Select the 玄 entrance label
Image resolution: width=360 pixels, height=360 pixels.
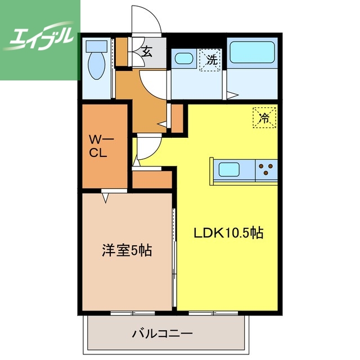pos(147,53)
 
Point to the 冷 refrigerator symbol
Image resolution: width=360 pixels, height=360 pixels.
pos(263,118)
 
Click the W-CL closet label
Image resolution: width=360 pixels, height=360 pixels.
pos(103,145)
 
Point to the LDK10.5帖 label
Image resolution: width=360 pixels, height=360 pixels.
pos(229,232)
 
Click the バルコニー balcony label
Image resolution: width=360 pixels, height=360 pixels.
pos(163,333)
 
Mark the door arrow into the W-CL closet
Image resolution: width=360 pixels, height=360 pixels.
pos(106,197)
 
